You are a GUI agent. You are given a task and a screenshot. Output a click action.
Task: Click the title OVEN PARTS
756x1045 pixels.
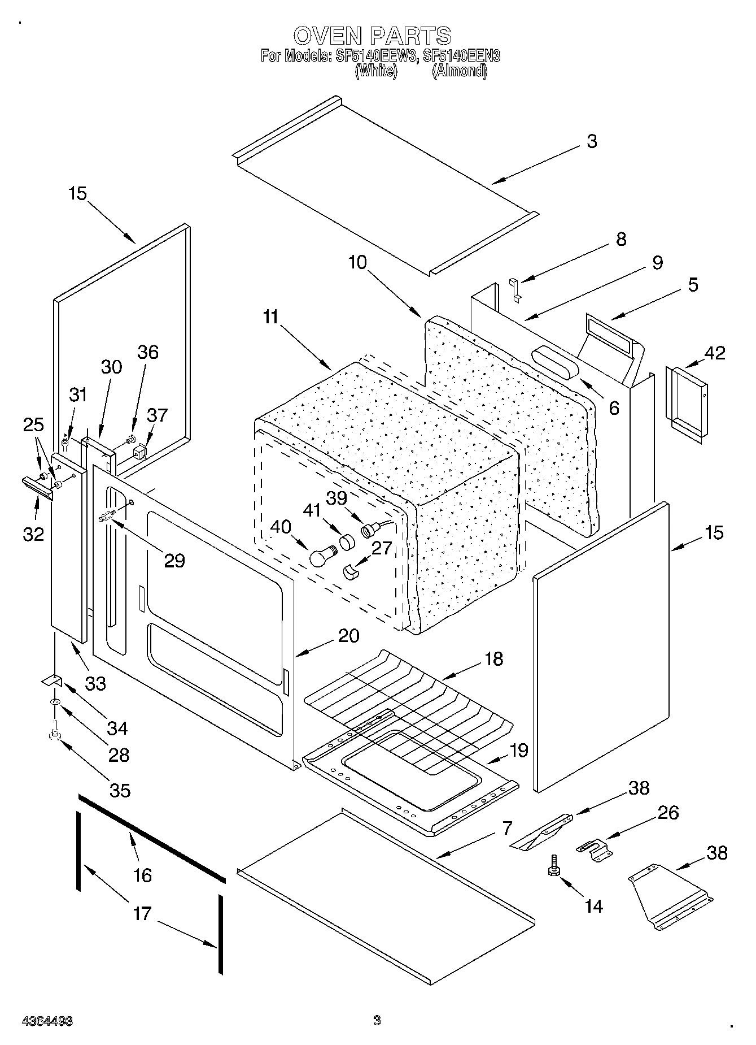click(372, 36)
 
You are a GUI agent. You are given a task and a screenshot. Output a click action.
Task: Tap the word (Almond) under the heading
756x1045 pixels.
click(459, 71)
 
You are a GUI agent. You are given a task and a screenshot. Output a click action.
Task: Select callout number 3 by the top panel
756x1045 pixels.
click(591, 141)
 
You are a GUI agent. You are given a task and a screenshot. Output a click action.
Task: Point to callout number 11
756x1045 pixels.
click(271, 317)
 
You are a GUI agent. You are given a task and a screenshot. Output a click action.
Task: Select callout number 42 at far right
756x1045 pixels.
click(715, 353)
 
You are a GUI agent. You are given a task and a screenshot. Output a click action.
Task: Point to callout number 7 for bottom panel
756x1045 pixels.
click(507, 829)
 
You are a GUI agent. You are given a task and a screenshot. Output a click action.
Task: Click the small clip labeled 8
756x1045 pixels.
click(515, 288)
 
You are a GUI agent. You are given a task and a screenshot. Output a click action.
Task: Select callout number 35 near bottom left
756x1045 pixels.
click(120, 790)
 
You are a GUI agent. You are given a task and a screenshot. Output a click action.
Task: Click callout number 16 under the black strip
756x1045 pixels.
click(142, 875)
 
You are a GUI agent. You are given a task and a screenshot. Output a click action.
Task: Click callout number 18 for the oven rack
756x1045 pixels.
click(493, 658)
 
